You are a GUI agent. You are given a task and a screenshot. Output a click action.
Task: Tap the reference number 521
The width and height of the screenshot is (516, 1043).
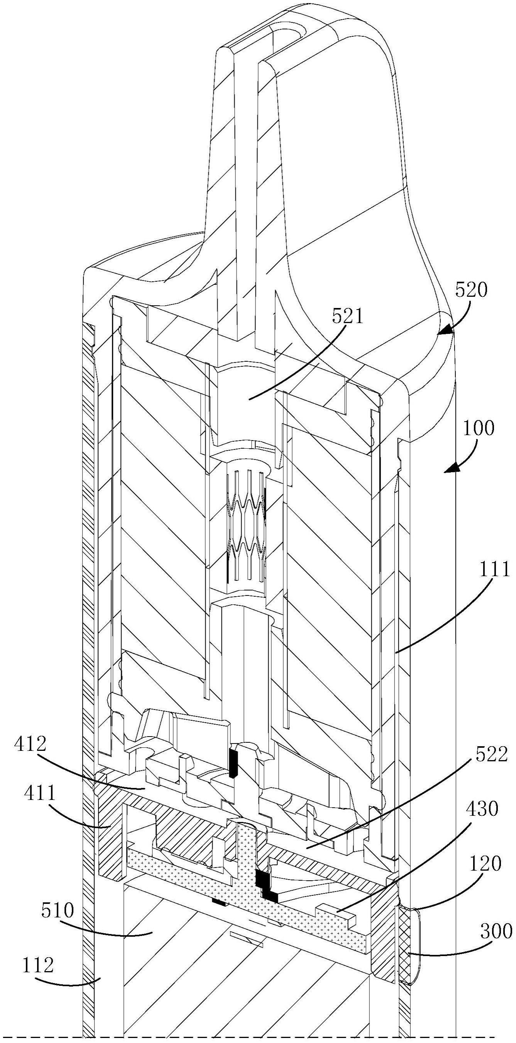click(348, 317)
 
